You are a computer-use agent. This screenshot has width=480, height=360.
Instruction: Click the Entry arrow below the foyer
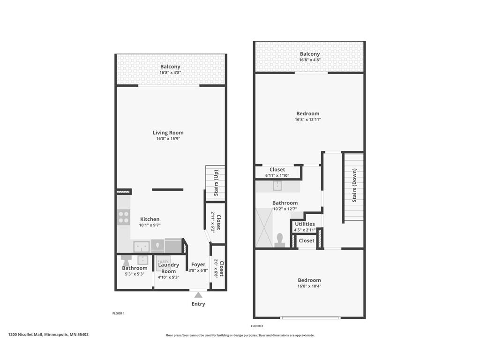coord(198,295)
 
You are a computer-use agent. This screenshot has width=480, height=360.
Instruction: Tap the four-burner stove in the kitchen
coord(124,217)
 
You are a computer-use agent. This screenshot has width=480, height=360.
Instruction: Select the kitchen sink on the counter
coord(142,246)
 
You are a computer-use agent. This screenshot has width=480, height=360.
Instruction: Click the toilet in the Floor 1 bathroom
coord(127,259)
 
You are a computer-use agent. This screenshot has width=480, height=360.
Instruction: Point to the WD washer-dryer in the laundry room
coord(164,262)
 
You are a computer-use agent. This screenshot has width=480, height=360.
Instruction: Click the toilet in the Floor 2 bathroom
coord(280,240)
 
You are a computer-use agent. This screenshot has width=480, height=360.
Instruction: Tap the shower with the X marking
coord(263,228)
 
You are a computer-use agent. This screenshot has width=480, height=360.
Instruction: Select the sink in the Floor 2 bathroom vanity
coord(277,186)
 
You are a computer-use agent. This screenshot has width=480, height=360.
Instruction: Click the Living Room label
coord(168,133)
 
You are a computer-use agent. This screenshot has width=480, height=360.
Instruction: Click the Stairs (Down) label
coord(354,187)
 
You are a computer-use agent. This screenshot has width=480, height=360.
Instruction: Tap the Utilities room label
coord(305,224)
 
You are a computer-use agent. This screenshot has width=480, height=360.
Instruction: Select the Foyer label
coord(198,264)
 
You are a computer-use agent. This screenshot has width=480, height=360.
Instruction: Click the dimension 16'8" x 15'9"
coord(168,139)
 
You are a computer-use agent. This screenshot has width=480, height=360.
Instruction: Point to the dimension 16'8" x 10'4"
coord(309,286)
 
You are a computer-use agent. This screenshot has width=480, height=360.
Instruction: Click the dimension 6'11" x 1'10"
coord(277,175)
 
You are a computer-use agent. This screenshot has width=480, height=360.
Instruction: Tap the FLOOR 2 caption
coord(257,326)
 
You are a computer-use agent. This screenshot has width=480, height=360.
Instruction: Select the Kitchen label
coord(150,219)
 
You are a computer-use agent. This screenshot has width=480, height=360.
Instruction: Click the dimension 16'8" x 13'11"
coord(307,120)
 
